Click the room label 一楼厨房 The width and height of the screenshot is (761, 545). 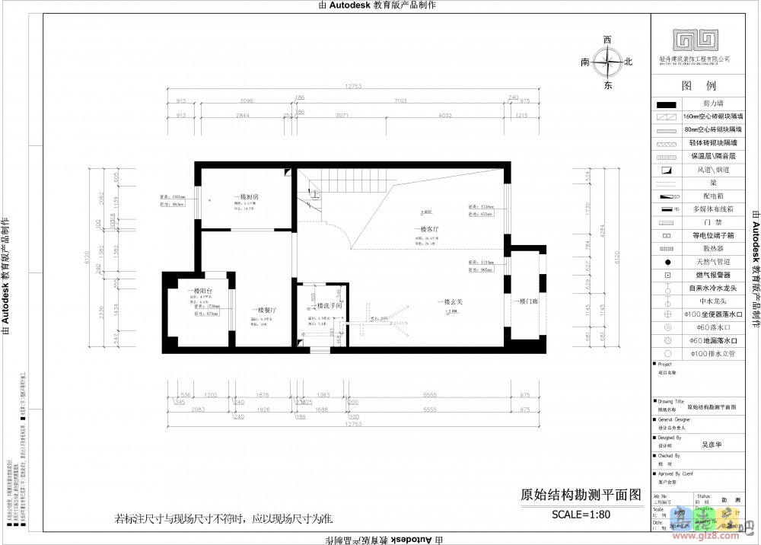(247, 197)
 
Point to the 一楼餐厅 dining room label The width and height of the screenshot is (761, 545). (262, 310)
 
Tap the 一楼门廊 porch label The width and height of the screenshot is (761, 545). (524, 302)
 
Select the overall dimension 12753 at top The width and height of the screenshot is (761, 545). (352, 86)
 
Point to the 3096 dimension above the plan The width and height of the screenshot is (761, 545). (245, 100)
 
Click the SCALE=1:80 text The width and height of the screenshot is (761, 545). (581, 514)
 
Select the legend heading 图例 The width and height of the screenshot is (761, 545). (699, 86)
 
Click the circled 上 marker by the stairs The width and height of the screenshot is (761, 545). (314, 196)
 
